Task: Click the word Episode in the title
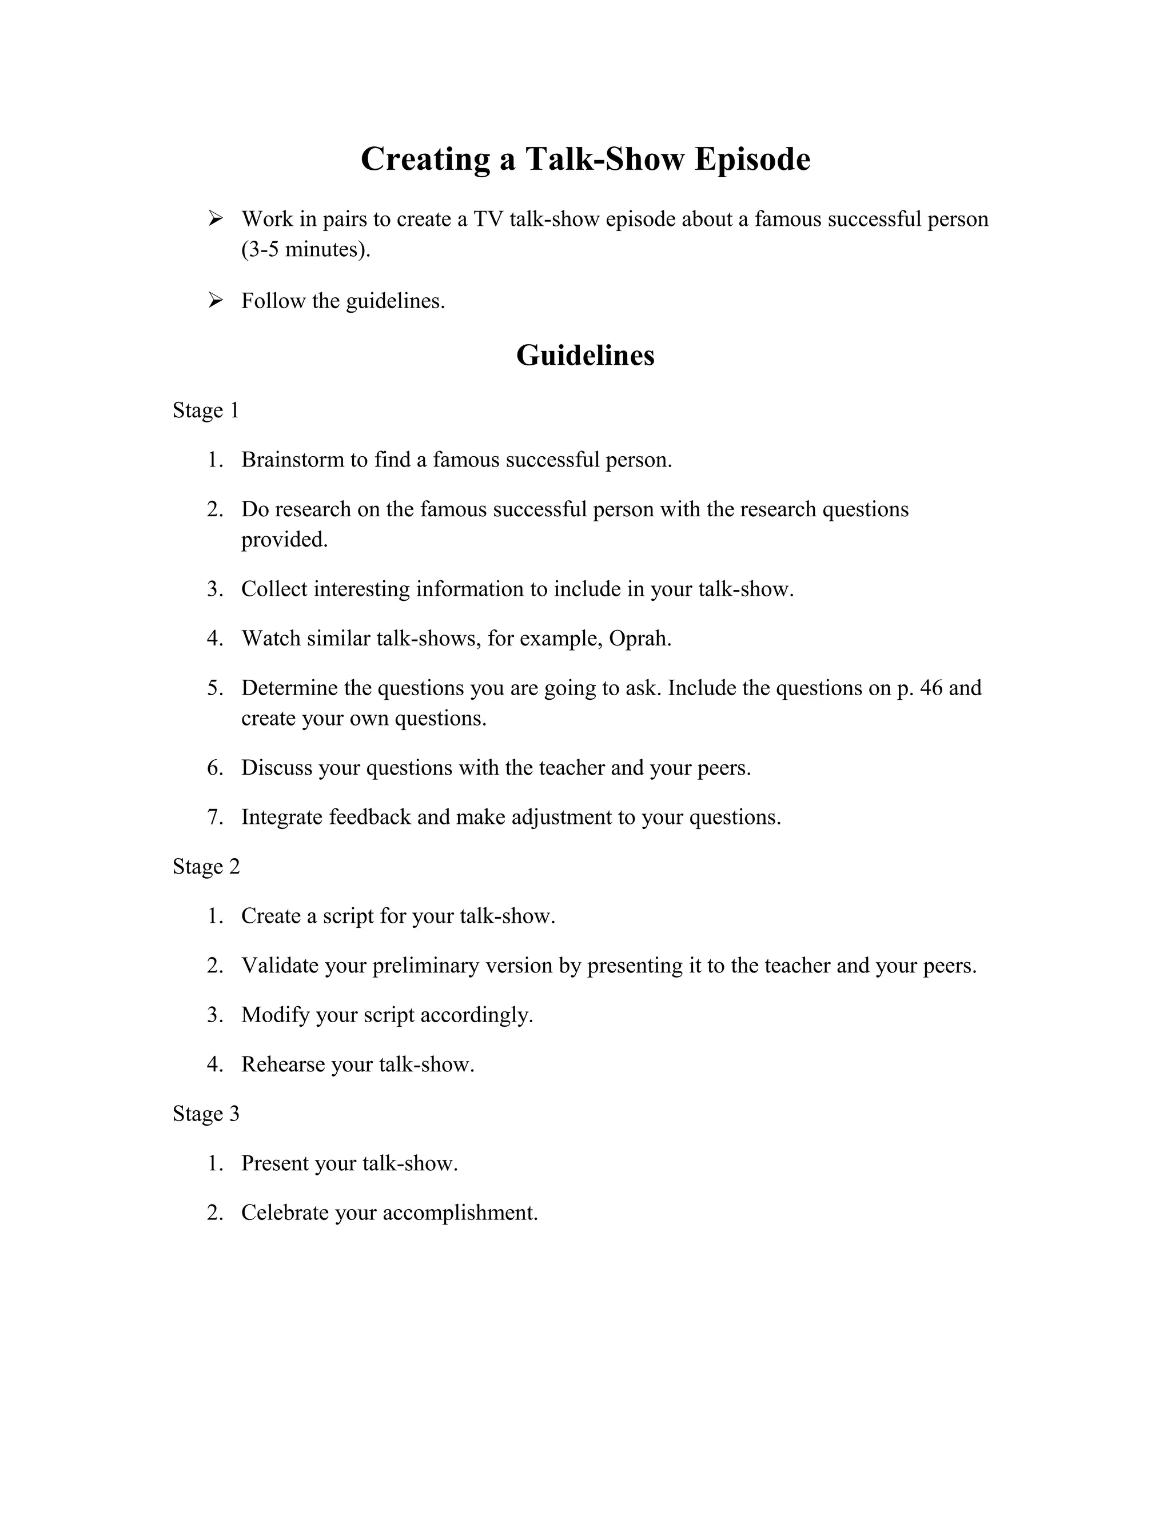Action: click(752, 160)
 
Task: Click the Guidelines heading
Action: click(585, 355)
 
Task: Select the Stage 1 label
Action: click(205, 410)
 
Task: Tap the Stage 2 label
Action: click(206, 867)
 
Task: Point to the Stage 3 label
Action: click(205, 1114)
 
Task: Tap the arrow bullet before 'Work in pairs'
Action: click(215, 219)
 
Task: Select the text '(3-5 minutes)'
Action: click(305, 249)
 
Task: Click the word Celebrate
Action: click(284, 1213)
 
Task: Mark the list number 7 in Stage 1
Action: click(214, 817)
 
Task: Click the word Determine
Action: click(289, 688)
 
